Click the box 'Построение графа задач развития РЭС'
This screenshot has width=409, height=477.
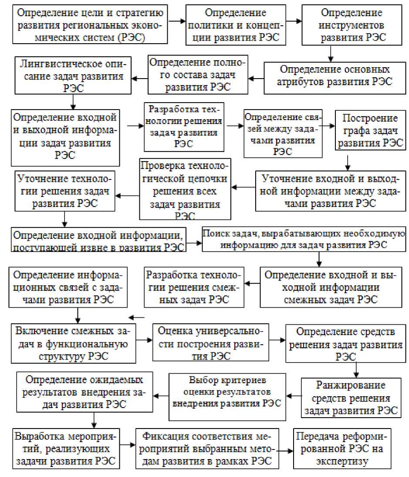[x=370, y=130]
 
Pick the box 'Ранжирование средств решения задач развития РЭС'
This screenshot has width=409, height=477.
[x=356, y=398]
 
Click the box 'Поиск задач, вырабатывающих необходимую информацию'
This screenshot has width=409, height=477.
[x=304, y=239]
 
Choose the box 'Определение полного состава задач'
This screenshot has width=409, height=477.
[x=198, y=75]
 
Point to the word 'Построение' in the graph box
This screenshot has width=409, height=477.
[x=370, y=118]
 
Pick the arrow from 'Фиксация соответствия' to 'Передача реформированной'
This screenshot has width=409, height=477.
[x=285, y=451]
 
